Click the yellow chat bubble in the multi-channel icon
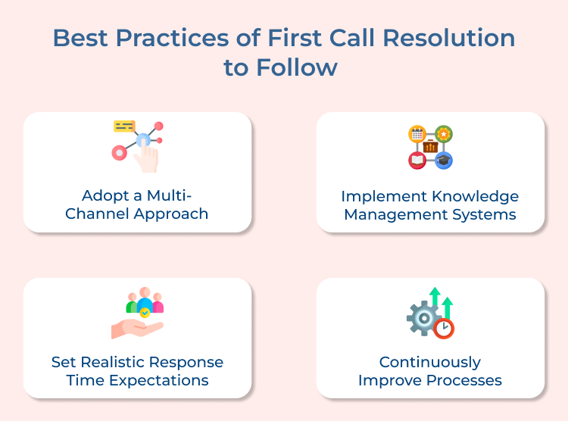(124, 126)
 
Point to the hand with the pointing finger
(147, 157)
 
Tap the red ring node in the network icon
(119, 153)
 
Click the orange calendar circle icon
(417, 134)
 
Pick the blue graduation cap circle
(444, 160)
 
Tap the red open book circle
(417, 160)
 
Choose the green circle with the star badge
(444, 134)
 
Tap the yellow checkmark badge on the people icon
(145, 312)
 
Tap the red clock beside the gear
(444, 328)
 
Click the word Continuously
(429, 361)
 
